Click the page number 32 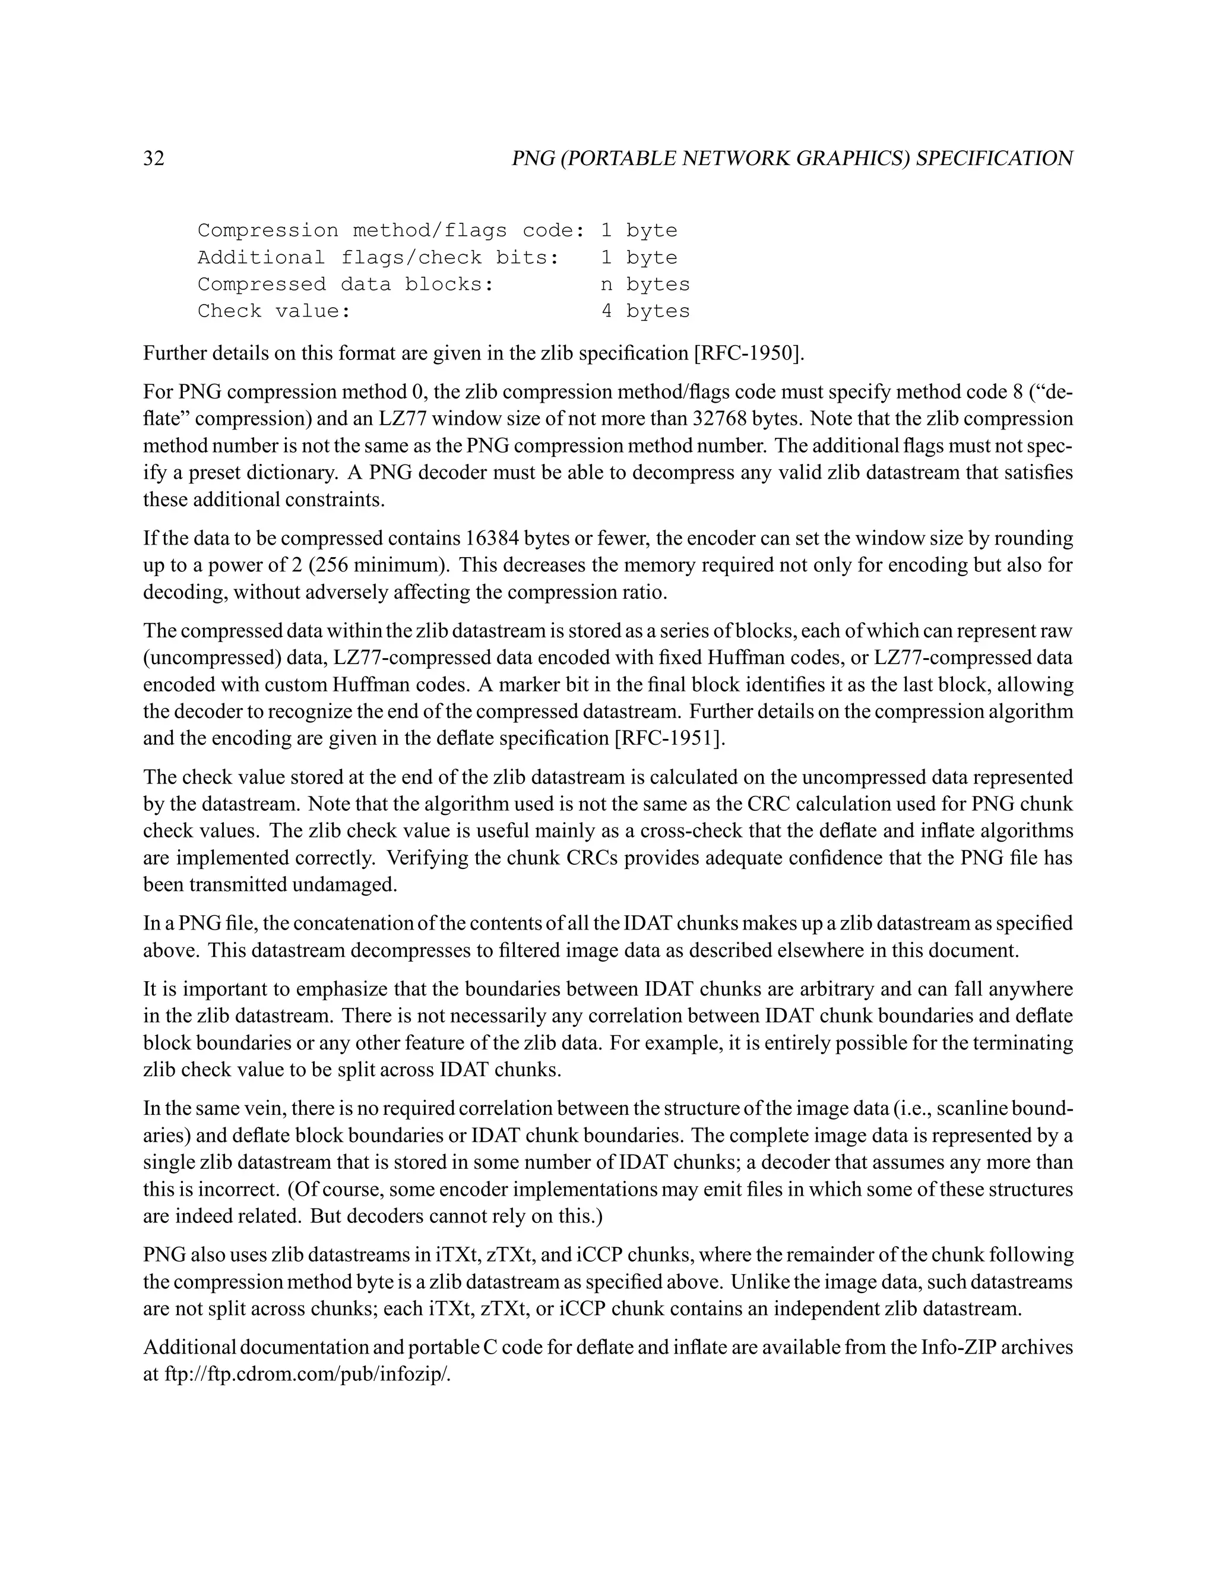[x=154, y=159]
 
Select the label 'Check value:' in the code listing [x=274, y=311]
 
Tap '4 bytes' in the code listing [x=645, y=311]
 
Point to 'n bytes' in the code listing [x=645, y=285]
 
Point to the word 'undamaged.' [x=344, y=884]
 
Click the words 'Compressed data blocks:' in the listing [x=346, y=285]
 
